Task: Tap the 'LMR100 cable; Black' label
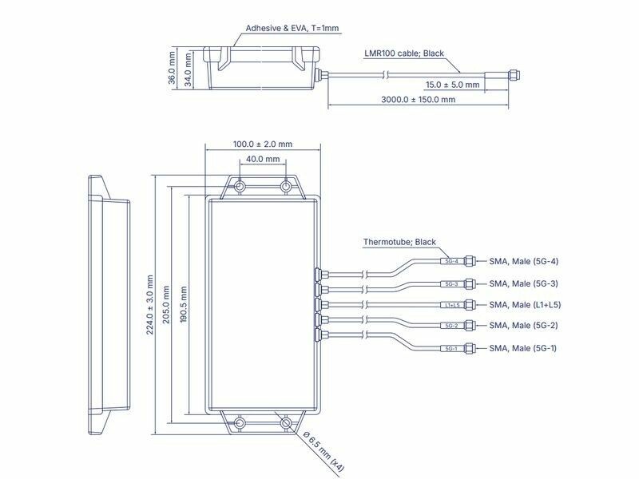[404, 54]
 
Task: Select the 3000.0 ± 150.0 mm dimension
[417, 100]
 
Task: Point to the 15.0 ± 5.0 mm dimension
[452, 84]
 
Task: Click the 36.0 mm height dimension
[172, 69]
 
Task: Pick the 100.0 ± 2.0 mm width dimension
[263, 144]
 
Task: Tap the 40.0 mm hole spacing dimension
[263, 160]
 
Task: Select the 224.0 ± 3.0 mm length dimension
[149, 306]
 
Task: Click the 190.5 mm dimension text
[183, 306]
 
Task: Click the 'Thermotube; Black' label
[399, 242]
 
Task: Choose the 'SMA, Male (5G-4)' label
[524, 261]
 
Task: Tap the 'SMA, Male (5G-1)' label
[524, 349]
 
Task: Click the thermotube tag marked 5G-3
[450, 283]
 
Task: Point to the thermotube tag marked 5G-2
[450, 327]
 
